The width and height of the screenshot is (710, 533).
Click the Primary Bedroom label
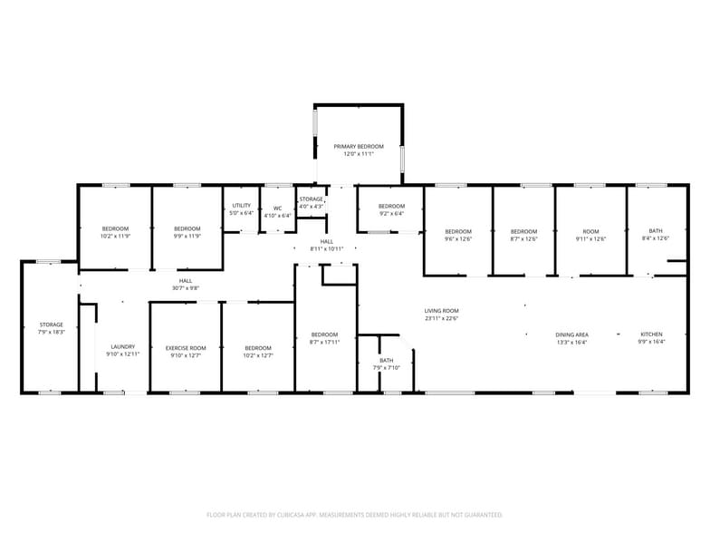[x=359, y=147]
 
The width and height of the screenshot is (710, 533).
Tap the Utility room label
[x=241, y=206]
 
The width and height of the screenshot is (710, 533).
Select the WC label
[x=278, y=208]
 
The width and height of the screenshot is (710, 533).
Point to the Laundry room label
[x=122, y=347]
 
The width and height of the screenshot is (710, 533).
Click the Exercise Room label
[x=186, y=348]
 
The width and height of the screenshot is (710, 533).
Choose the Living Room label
[x=442, y=311]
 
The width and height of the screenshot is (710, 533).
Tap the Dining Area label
[x=571, y=334]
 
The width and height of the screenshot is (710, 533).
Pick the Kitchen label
[x=652, y=334]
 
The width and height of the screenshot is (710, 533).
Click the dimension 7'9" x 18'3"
[x=52, y=332]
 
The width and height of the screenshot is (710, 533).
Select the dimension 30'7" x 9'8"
[x=186, y=288]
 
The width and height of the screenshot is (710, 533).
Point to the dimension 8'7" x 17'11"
[x=324, y=342]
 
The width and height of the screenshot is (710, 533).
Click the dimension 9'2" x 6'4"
[x=391, y=214]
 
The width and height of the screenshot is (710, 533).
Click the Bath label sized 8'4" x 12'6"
[x=655, y=230]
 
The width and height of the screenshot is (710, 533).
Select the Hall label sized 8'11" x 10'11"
[x=327, y=241]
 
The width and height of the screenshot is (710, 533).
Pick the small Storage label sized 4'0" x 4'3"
[x=312, y=199]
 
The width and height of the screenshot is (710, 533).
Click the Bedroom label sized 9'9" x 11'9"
[x=187, y=228]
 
